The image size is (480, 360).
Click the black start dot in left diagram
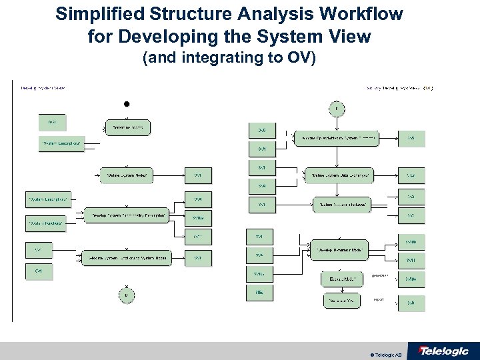coord(126,104)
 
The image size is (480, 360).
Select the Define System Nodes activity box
coord(127,175)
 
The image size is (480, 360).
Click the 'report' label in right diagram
coord(378,299)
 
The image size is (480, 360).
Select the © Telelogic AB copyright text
coord(385,353)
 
